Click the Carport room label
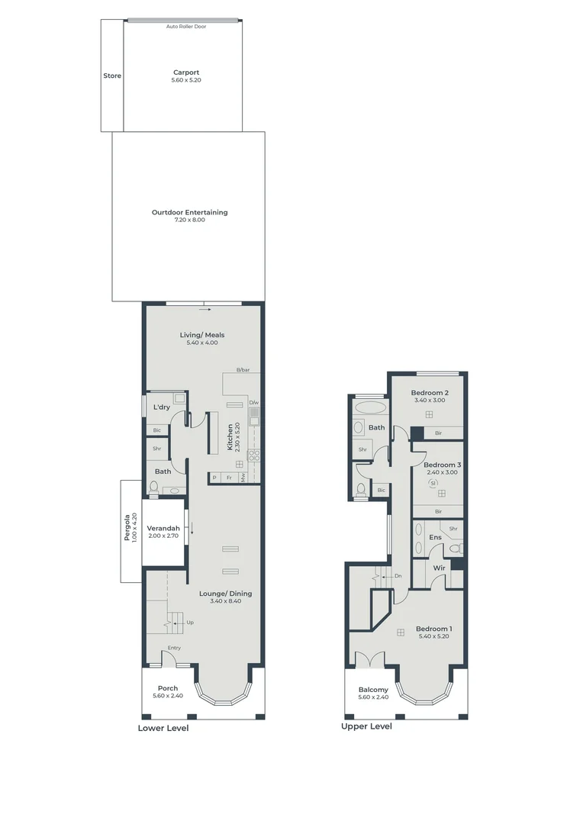pyautogui.click(x=186, y=72)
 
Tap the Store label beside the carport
pyautogui.click(x=112, y=76)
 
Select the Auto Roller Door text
pyautogui.click(x=186, y=26)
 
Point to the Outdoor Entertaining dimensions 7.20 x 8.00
pyautogui.click(x=189, y=220)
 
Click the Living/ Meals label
pyautogui.click(x=202, y=335)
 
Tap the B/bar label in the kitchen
pyautogui.click(x=243, y=370)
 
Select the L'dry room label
pyautogui.click(x=161, y=407)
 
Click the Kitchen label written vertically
pyautogui.click(x=230, y=436)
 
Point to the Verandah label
pyautogui.click(x=163, y=529)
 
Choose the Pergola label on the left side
pyautogui.click(x=127, y=526)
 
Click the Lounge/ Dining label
pyautogui.click(x=225, y=594)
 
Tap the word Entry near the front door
pyautogui.click(x=174, y=648)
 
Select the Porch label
pyautogui.click(x=167, y=688)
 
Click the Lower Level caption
pyautogui.click(x=163, y=728)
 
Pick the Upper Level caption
pyautogui.click(x=366, y=726)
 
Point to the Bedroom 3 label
pyautogui.click(x=442, y=465)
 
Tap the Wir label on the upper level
pyautogui.click(x=439, y=568)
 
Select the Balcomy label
pyautogui.click(x=373, y=690)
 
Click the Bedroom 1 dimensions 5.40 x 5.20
pyautogui.click(x=433, y=636)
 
